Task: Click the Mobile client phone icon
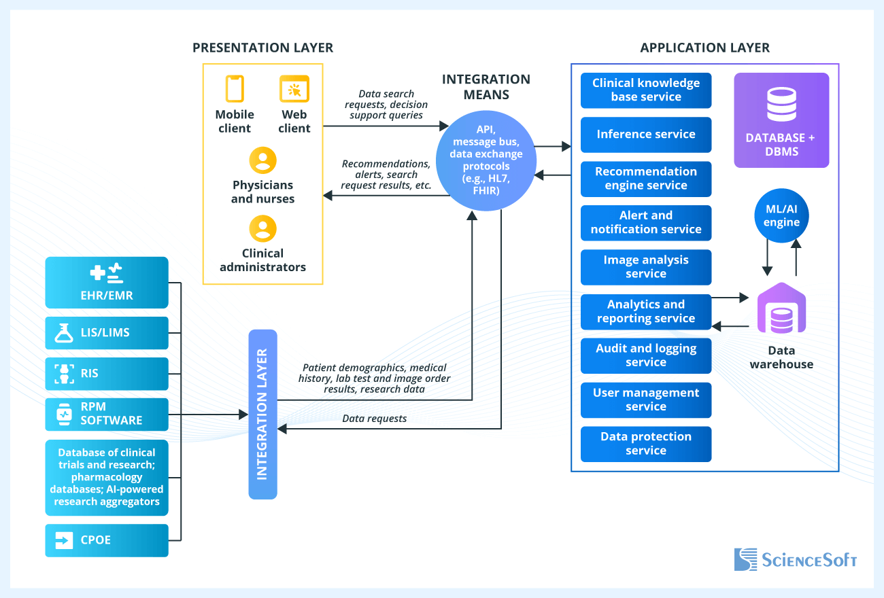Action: point(235,89)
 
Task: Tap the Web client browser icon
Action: point(294,89)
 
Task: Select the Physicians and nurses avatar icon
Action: point(262,160)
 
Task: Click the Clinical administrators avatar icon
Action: point(262,229)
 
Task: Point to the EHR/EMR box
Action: point(107,283)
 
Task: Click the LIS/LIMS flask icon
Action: point(64,333)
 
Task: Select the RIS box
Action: point(107,374)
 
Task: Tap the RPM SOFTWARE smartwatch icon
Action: point(64,414)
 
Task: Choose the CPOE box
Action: point(107,540)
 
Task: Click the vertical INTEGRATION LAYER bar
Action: point(263,415)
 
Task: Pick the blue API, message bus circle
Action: point(486,160)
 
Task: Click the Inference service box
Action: point(646,135)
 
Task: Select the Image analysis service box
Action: point(646,267)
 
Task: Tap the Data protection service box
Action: point(646,444)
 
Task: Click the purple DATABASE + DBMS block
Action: point(781,120)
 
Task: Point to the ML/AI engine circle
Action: point(781,216)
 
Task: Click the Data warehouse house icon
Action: point(781,309)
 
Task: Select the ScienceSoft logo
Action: point(796,559)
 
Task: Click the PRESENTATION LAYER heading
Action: point(262,48)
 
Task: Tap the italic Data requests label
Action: point(375,419)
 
